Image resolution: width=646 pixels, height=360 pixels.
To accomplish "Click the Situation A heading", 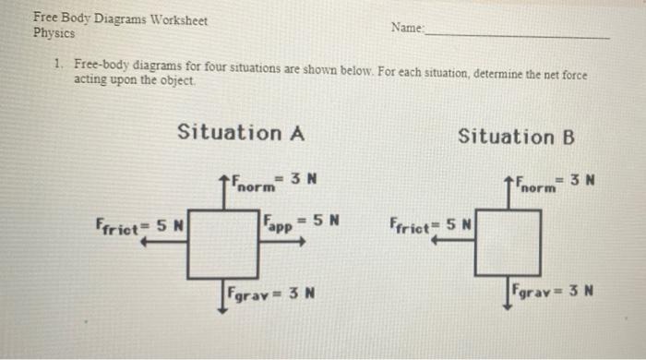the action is point(241,132).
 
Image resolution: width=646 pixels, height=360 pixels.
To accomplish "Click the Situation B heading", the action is point(516,137).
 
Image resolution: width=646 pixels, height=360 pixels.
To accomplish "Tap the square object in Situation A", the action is point(223,245).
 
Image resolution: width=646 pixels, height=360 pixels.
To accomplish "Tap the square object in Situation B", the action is point(508,243).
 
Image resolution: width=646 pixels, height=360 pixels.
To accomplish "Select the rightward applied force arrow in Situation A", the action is point(282,241).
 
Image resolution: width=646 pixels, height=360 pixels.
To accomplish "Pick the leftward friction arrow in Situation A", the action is point(163,241).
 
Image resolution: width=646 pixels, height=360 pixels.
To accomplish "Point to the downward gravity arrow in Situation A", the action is point(222,296).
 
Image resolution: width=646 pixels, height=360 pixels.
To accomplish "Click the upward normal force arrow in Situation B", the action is point(508,193).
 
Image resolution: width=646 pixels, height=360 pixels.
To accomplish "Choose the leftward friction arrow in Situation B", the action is point(452,240).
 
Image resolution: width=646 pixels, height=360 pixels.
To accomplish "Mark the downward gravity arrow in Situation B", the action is point(508,293).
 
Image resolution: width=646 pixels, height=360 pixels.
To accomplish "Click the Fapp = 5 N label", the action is point(301,222).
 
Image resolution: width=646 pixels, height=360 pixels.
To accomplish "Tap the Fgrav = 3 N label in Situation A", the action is point(271,294).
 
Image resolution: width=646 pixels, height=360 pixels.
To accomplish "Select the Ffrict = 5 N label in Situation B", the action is point(430,225).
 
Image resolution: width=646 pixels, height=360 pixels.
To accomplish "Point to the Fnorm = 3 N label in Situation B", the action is point(556,184).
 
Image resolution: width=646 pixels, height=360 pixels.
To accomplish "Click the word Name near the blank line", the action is point(407,28).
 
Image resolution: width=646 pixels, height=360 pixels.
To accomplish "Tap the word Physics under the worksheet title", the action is point(54,33).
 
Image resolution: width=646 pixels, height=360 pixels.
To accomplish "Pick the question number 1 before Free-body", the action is point(58,64).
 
